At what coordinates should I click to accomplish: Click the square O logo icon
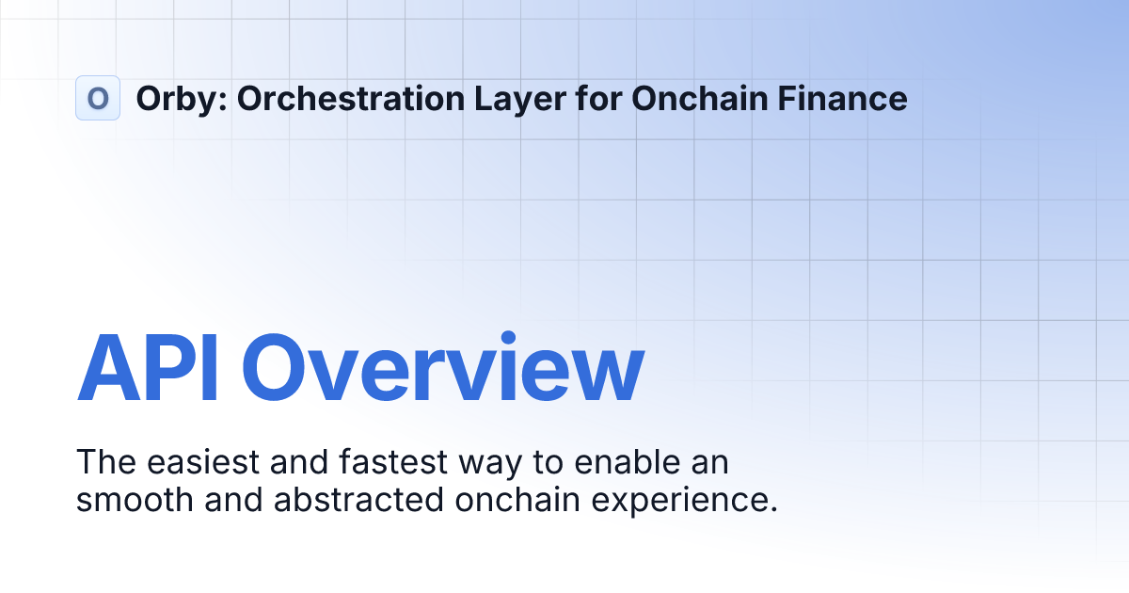tap(97, 98)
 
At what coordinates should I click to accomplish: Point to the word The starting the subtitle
tap(105, 463)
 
